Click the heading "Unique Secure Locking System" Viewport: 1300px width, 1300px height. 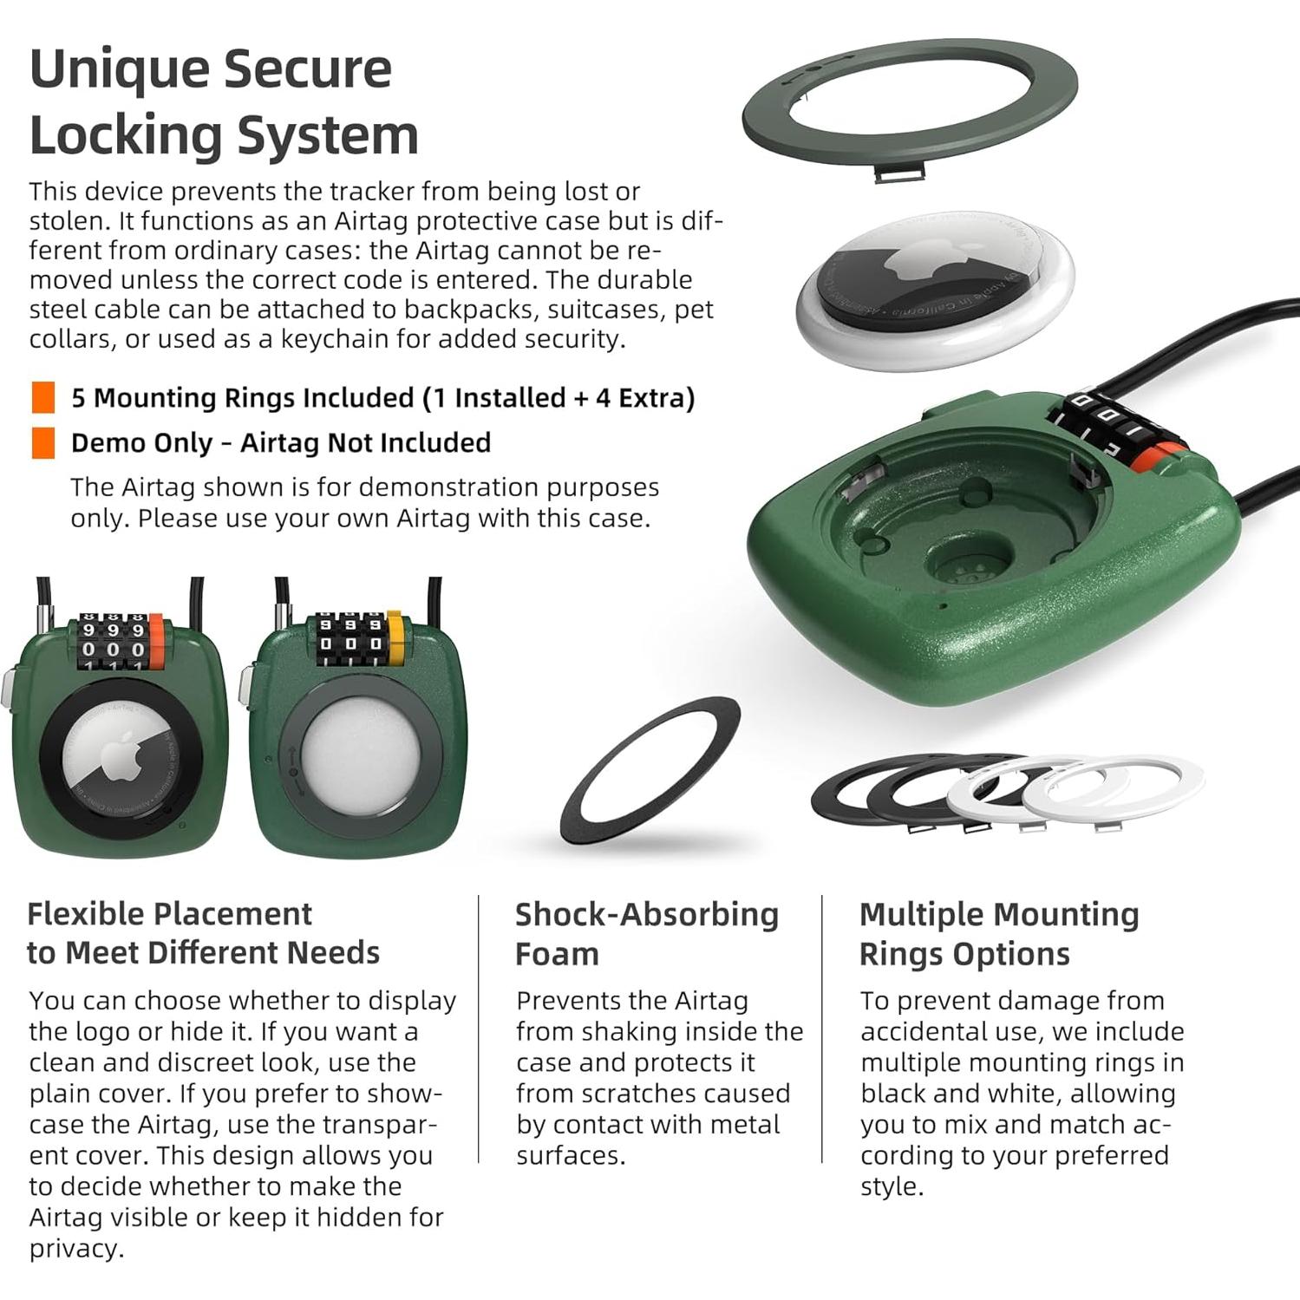[224, 101]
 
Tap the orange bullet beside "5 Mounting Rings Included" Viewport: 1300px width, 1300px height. [42, 397]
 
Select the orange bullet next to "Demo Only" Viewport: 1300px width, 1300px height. [42, 442]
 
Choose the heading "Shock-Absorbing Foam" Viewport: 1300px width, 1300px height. [646, 934]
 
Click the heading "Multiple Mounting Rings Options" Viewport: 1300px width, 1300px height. [999, 934]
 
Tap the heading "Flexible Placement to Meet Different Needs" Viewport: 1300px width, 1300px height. [203, 933]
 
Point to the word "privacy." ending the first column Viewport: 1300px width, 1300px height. [76, 1249]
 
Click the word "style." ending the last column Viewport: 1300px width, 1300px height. [892, 1186]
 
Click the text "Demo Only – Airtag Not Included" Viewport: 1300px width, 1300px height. [281, 442]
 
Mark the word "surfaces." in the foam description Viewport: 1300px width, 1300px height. [570, 1155]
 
